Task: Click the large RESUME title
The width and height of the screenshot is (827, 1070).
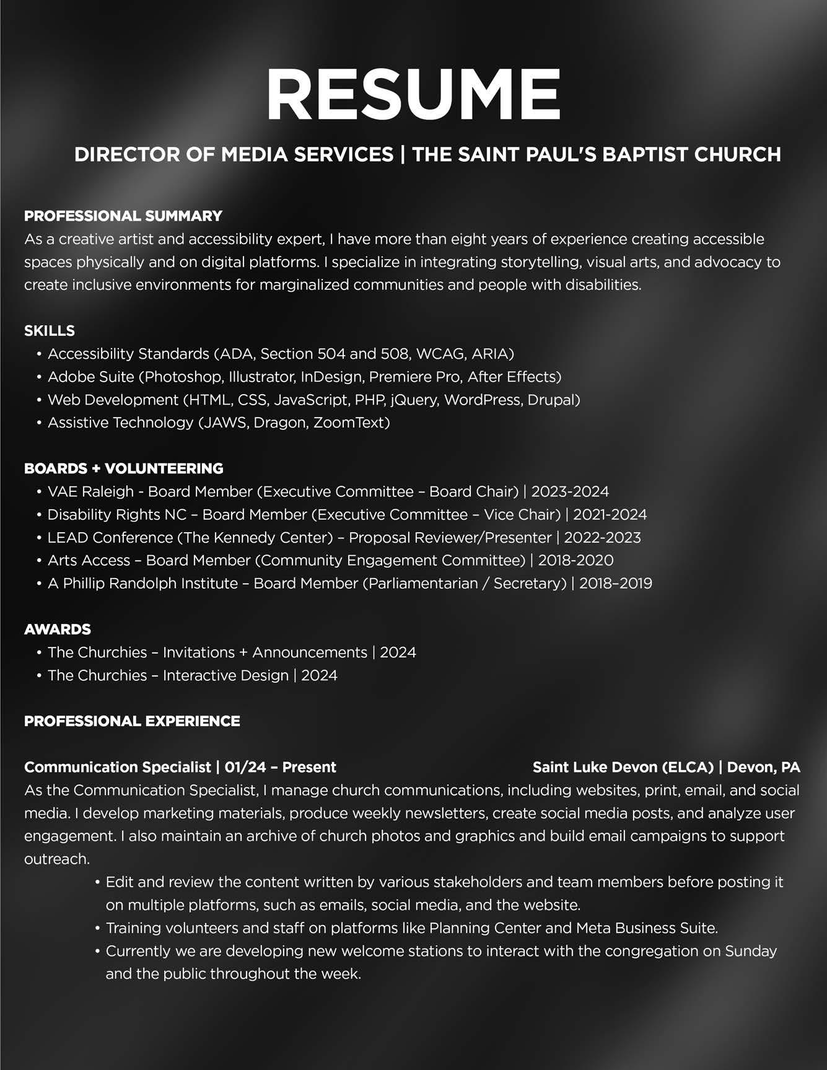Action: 413,95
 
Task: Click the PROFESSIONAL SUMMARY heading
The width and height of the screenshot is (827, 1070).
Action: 123,216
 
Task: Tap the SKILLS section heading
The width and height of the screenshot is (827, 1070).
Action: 50,331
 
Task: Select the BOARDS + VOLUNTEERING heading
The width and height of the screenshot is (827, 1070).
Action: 124,468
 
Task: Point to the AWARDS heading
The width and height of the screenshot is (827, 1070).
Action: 58,629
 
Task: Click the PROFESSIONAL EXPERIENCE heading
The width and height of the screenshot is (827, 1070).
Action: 132,721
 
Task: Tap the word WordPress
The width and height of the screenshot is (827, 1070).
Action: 483,400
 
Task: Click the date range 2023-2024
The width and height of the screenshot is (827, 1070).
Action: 570,492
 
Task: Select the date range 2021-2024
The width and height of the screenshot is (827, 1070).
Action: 610,515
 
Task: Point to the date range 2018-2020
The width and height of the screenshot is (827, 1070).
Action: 575,561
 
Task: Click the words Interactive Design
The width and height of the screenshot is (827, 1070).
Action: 225,675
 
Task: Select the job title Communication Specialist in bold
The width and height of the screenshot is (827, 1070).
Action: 118,768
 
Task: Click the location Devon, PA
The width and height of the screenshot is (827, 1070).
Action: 763,768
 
